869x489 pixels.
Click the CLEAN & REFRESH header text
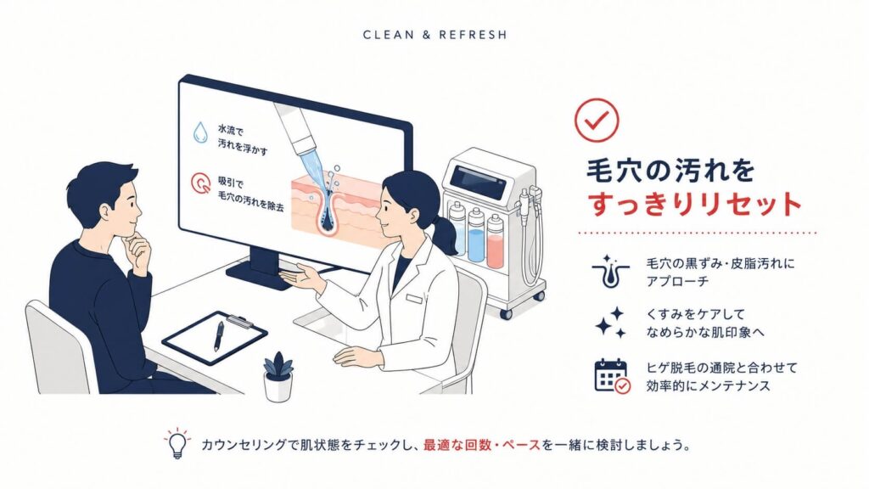[x=434, y=35]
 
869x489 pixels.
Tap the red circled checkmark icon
[x=597, y=120]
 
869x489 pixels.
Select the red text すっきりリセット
[x=694, y=204]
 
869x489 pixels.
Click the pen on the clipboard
[x=220, y=336]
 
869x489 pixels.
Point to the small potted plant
[x=278, y=376]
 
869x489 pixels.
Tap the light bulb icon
[x=177, y=443]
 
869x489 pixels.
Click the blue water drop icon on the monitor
[x=200, y=133]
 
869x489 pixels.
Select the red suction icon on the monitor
[x=200, y=183]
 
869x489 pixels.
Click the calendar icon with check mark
[x=612, y=376]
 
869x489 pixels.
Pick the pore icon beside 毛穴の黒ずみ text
[x=609, y=272]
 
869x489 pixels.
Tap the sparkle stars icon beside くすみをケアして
[x=611, y=323]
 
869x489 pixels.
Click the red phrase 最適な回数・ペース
[x=482, y=445]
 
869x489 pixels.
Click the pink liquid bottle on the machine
[x=495, y=243]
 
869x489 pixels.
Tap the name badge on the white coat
[x=414, y=300]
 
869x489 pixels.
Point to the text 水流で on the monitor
[x=231, y=131]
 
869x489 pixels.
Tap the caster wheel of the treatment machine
[x=506, y=313]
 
